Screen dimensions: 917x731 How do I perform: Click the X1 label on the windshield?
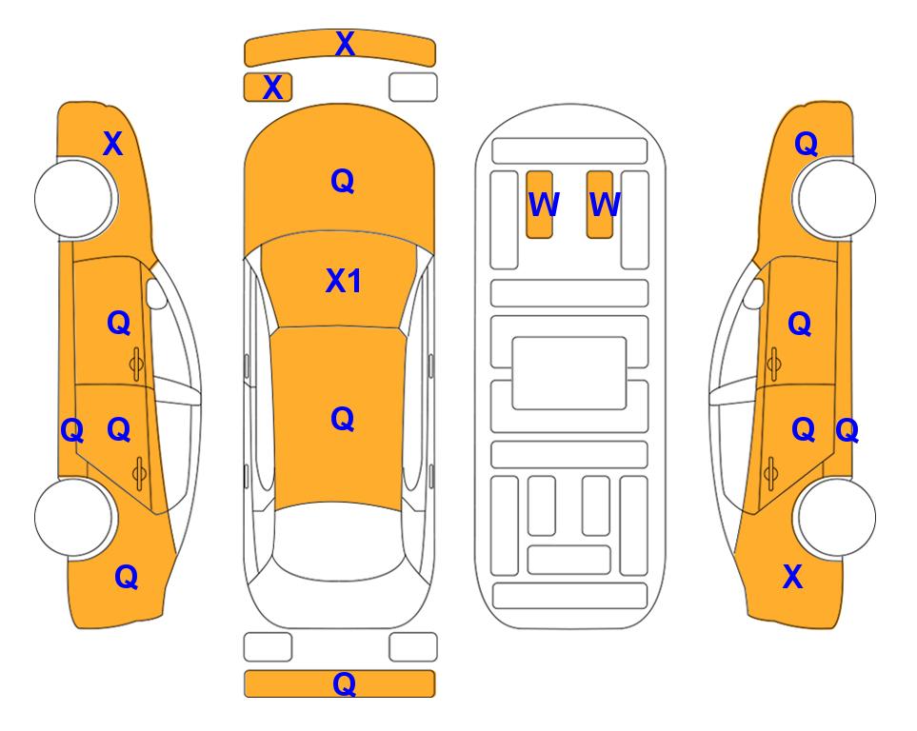point(344,281)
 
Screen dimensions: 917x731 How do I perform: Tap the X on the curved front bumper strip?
point(345,44)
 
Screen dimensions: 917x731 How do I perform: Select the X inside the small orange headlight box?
point(272,88)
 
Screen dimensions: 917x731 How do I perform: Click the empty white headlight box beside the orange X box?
point(413,88)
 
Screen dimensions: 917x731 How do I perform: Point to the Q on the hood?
point(343,181)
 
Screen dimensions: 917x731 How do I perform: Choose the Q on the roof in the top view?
point(343,419)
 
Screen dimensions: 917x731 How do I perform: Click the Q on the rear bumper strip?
point(345,683)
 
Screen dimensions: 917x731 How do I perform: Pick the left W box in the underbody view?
point(539,205)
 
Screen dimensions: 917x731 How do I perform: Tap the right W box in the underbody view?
point(600,205)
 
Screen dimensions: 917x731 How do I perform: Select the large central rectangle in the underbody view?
point(569,373)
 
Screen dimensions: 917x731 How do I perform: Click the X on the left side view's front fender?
point(113,144)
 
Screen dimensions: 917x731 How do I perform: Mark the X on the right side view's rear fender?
point(792,577)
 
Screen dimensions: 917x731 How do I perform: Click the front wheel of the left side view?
point(74,198)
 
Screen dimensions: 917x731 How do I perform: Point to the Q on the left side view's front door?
point(119,323)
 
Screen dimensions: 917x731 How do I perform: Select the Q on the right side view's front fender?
point(806,144)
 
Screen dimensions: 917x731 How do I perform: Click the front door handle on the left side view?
point(136,364)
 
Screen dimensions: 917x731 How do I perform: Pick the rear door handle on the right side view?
point(770,474)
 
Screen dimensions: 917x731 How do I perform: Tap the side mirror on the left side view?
point(156,293)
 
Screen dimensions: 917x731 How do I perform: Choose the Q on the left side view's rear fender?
point(127,577)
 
